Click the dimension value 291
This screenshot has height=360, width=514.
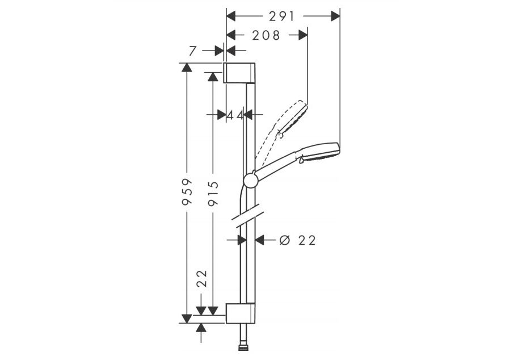click(x=283, y=16)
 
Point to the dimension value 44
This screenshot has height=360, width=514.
click(x=235, y=115)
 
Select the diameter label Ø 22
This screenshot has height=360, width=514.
click(x=298, y=240)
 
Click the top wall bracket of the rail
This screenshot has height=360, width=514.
click(x=239, y=73)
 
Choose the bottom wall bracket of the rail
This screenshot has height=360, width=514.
click(x=240, y=313)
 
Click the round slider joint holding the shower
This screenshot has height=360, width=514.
click(x=250, y=181)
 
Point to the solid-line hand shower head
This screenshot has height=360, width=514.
click(x=321, y=152)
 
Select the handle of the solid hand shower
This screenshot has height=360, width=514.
click(x=278, y=165)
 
